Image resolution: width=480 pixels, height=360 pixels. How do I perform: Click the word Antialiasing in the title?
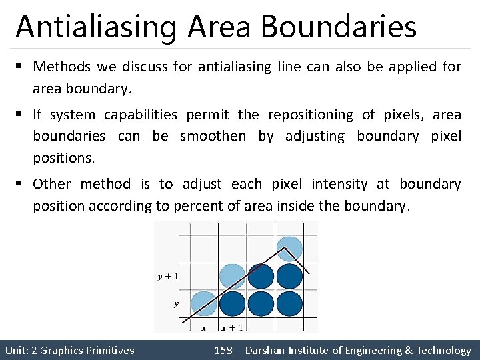coord(97,27)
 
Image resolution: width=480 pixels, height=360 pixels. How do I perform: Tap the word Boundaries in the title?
coord(338,27)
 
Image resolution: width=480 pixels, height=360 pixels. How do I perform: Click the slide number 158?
coord(223,350)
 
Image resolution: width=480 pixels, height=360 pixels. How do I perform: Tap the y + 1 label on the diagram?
coord(167,276)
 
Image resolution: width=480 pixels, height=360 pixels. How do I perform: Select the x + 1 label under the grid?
coord(231,327)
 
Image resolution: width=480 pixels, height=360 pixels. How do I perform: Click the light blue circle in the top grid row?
coord(289,249)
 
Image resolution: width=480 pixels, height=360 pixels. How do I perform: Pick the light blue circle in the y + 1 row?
coord(232,276)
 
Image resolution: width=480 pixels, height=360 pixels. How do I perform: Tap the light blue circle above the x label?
coord(203,303)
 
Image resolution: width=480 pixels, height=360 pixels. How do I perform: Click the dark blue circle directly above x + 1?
coord(232,303)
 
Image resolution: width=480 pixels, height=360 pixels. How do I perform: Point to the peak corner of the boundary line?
coord(285,247)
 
